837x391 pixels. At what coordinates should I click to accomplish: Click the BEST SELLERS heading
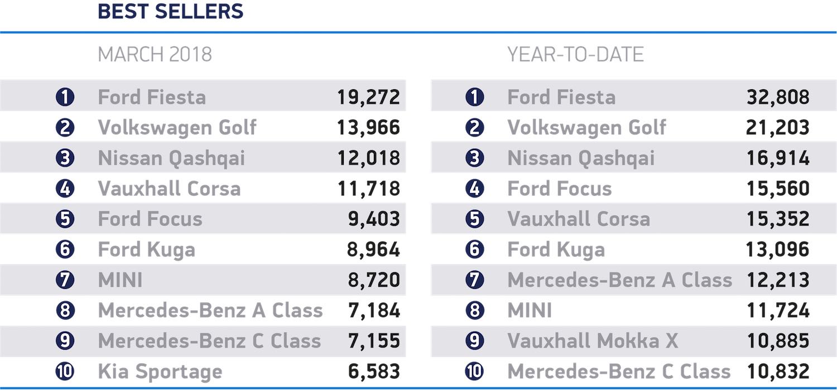pyautogui.click(x=171, y=11)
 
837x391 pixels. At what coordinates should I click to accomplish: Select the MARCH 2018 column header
pyautogui.click(x=155, y=54)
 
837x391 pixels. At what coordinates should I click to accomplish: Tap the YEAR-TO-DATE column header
pyautogui.click(x=575, y=54)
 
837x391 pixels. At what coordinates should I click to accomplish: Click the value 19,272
pyautogui.click(x=368, y=97)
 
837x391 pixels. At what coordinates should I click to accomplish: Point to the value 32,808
pyautogui.click(x=778, y=97)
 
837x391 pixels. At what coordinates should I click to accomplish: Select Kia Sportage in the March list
pyautogui.click(x=160, y=371)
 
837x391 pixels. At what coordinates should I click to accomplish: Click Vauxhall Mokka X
pyautogui.click(x=593, y=341)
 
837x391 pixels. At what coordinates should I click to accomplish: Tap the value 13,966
pyautogui.click(x=368, y=128)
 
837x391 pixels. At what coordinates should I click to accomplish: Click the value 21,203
pyautogui.click(x=778, y=128)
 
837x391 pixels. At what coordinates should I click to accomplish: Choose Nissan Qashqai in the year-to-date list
pyautogui.click(x=581, y=158)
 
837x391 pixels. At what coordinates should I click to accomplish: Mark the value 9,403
pyautogui.click(x=373, y=219)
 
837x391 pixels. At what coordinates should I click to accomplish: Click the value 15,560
pyautogui.click(x=778, y=189)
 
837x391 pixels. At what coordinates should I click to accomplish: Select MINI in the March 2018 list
pyautogui.click(x=120, y=280)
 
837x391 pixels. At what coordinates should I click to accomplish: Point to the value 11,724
pyautogui.click(x=778, y=311)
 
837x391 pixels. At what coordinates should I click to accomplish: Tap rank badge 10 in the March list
pyautogui.click(x=65, y=371)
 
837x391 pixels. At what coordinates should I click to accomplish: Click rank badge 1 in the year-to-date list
pyautogui.click(x=474, y=97)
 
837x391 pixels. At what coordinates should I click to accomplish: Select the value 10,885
pyautogui.click(x=778, y=341)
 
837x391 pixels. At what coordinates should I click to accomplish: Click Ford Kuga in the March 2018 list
pyautogui.click(x=146, y=249)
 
